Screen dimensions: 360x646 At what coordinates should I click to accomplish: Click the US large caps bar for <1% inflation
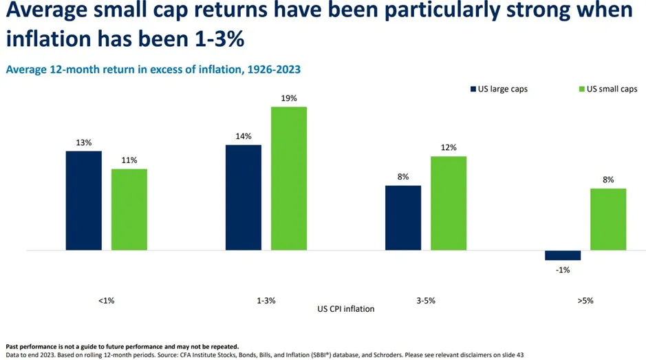click(x=84, y=200)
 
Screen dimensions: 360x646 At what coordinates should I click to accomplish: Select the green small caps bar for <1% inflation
click(x=129, y=209)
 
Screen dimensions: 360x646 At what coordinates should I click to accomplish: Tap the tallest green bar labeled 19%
click(x=289, y=178)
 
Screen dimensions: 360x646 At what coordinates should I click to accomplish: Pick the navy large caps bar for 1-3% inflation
click(x=244, y=198)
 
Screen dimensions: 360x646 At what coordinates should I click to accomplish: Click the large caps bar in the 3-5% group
click(x=403, y=218)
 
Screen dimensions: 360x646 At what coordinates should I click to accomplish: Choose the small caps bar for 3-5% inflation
click(x=449, y=203)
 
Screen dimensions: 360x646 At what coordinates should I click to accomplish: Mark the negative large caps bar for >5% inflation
click(x=563, y=255)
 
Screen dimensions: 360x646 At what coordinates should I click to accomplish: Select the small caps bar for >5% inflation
click(x=608, y=219)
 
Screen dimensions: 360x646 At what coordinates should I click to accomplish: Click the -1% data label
click(x=563, y=270)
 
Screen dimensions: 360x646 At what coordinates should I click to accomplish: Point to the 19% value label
click(x=289, y=98)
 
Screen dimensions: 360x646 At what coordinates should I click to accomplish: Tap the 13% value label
click(x=84, y=142)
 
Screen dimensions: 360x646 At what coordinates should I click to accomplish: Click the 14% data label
click(x=244, y=136)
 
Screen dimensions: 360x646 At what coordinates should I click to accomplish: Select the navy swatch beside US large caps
click(x=473, y=89)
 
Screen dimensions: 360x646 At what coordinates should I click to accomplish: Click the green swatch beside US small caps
click(x=581, y=89)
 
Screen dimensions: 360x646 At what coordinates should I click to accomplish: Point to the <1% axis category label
click(x=106, y=301)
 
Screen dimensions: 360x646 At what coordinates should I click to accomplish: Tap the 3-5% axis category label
click(x=425, y=301)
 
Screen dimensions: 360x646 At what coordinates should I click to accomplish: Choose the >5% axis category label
click(x=585, y=301)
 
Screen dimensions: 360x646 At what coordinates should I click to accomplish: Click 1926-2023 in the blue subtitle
click(x=269, y=70)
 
